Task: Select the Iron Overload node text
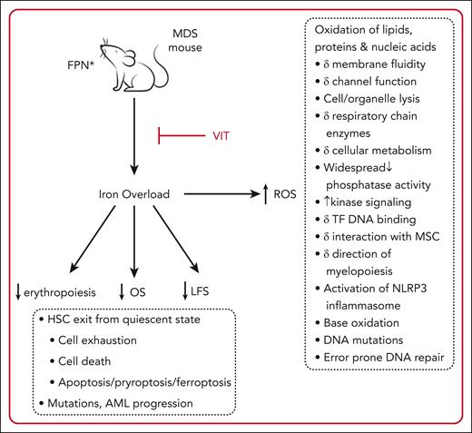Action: tap(133, 193)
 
